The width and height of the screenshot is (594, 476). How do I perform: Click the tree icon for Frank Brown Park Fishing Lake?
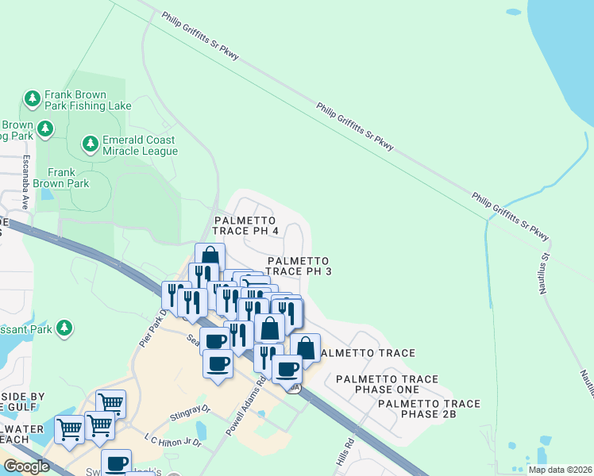click(32, 98)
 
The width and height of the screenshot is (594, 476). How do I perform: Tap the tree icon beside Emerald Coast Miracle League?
click(89, 145)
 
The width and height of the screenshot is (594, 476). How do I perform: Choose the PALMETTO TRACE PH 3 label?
click(299, 266)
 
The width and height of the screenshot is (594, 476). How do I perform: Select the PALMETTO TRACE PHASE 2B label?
click(429, 409)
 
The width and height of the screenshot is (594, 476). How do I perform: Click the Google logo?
click(26, 466)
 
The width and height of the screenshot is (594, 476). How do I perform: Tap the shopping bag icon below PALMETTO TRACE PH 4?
click(210, 257)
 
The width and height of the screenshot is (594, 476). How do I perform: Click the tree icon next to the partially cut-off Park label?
click(64, 327)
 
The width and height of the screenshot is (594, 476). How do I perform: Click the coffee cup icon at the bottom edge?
click(117, 463)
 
